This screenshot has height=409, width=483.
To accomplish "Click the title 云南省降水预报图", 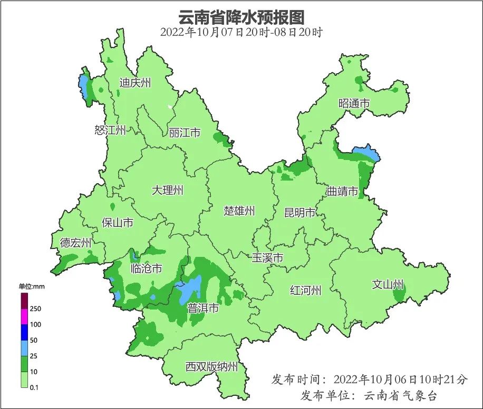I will [242, 17].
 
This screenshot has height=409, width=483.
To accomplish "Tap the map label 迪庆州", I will [135, 83].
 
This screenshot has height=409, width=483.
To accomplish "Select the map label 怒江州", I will [110, 130].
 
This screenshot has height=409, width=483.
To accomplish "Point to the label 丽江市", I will [185, 133].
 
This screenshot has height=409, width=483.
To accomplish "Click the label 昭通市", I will [354, 104].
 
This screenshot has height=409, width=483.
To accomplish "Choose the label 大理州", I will [168, 190].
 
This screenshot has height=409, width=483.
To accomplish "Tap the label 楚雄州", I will [239, 211].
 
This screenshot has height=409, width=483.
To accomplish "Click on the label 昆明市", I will [300, 213].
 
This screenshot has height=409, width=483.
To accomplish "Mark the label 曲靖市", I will [342, 191].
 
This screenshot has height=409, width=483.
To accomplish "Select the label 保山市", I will [118, 223].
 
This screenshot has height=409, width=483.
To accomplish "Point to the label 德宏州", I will [75, 243].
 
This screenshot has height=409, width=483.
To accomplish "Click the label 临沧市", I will [146, 268].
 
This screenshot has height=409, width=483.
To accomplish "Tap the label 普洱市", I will [203, 308].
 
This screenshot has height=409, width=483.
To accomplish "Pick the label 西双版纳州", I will [211, 367].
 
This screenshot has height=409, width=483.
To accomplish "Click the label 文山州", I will [388, 285].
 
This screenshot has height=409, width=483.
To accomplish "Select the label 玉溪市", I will [267, 258].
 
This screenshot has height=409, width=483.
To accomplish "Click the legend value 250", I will [36, 308].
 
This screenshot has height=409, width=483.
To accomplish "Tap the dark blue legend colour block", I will [24, 332].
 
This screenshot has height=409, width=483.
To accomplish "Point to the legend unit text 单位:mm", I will [32, 286].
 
